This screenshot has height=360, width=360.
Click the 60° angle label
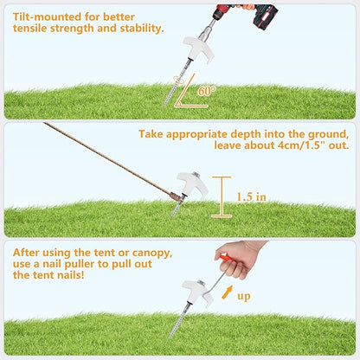point(207,91)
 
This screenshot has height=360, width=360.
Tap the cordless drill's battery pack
point(265,17)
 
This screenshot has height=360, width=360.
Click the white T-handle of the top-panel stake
point(199,49)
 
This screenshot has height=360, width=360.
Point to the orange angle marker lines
point(189,95)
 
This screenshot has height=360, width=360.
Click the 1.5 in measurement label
point(251,197)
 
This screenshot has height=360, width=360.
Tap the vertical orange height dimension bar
point(222,196)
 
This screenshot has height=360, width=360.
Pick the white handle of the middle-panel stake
point(192,184)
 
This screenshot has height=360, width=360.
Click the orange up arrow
point(227,292)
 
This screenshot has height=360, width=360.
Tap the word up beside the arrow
point(244,297)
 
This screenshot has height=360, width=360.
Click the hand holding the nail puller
point(240,257)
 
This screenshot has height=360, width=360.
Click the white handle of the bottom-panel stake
point(197,292)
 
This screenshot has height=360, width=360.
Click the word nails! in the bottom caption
point(71,274)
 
